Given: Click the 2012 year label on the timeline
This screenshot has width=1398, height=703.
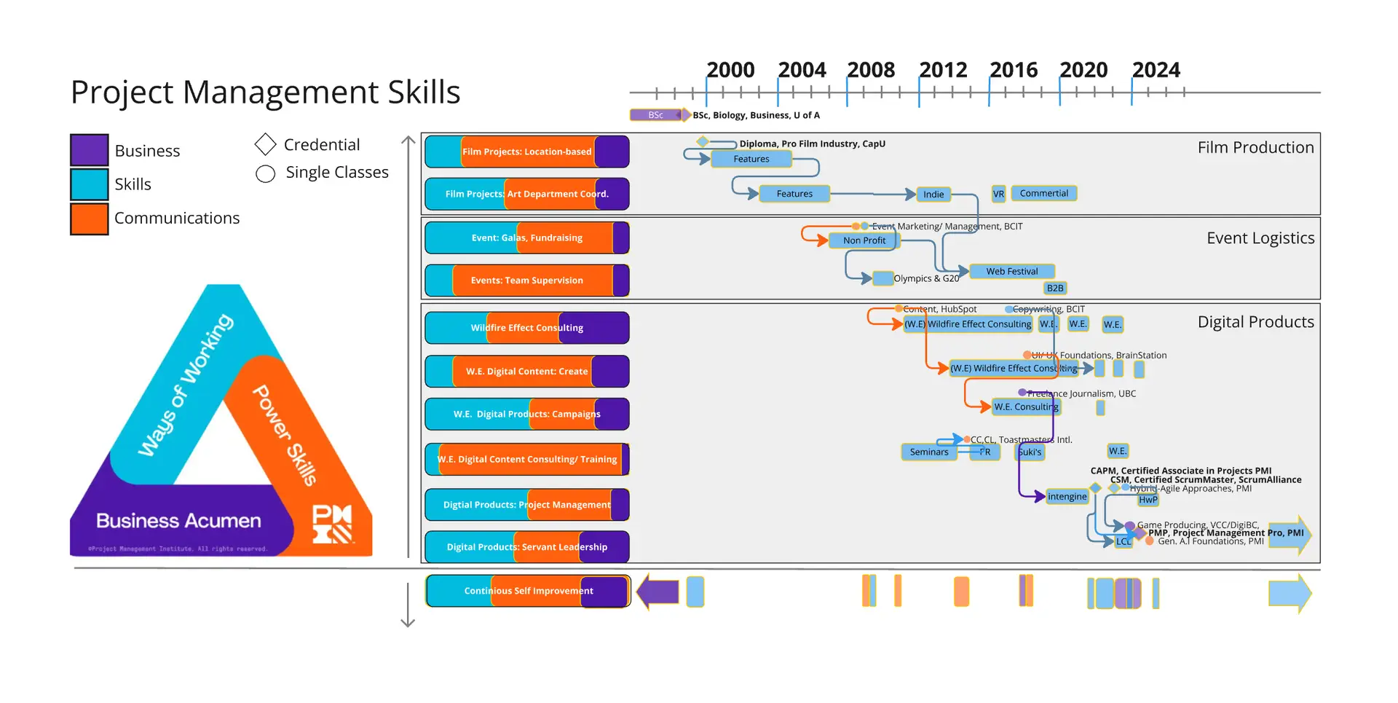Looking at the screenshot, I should click(943, 70).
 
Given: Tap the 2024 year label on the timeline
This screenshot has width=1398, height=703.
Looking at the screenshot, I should click(1156, 70).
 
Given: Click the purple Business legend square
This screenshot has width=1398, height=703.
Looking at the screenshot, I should click(90, 150).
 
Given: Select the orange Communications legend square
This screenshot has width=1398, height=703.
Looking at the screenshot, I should click(90, 219).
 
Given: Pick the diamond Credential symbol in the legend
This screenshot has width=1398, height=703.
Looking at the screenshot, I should click(266, 144).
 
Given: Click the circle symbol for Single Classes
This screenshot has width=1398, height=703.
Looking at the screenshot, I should click(266, 173).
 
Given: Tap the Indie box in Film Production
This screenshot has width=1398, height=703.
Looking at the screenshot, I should click(933, 194).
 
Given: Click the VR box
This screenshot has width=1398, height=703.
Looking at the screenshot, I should click(998, 194).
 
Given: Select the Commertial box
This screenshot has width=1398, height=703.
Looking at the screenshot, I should click(1044, 193).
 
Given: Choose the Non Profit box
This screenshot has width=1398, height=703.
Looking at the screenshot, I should click(864, 240).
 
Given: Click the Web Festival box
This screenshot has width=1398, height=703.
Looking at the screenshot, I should click(1011, 271).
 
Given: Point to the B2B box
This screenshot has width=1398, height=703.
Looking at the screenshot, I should click(1055, 288).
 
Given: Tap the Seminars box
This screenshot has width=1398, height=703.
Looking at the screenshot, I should click(929, 452).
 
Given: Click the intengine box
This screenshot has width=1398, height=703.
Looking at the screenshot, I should click(1067, 497).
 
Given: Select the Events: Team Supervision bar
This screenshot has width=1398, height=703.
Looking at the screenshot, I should click(526, 280).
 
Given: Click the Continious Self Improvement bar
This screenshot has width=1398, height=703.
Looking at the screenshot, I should click(528, 591).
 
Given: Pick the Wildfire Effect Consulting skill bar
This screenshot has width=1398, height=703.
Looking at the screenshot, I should click(526, 328).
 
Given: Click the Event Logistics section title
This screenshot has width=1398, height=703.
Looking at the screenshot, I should click(1260, 238).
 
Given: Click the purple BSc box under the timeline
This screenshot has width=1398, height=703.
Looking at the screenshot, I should click(656, 115).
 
